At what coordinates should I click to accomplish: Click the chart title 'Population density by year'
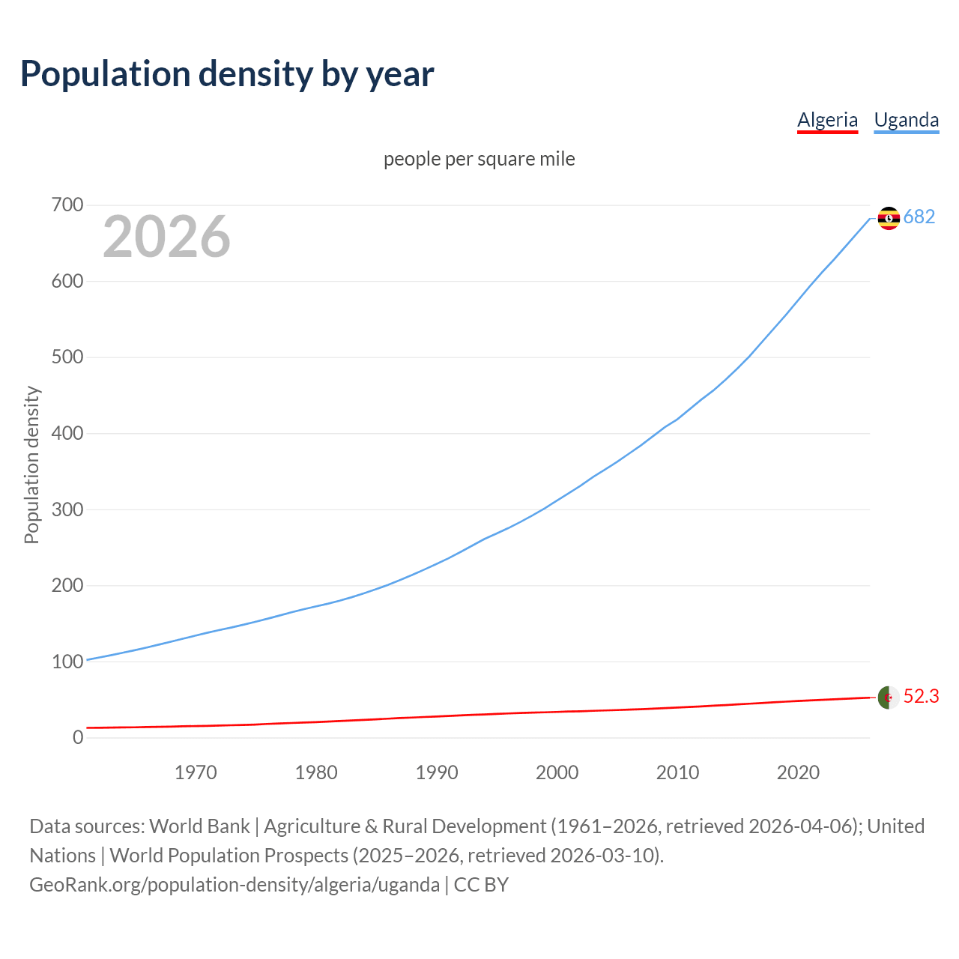(x=227, y=74)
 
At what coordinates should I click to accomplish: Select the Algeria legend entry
(x=827, y=120)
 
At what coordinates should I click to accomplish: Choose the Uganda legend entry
(x=906, y=120)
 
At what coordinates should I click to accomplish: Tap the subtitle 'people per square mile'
(x=479, y=159)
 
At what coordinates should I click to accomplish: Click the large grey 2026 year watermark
(x=166, y=237)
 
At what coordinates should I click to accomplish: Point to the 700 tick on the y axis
(x=67, y=205)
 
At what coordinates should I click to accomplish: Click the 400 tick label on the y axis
(x=67, y=433)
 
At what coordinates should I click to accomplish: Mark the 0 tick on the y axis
(x=78, y=737)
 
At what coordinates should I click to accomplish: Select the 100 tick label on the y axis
(x=67, y=662)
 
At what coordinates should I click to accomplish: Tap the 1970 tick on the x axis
(x=196, y=772)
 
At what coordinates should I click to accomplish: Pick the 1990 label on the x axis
(x=437, y=772)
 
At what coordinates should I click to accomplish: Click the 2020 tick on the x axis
(x=798, y=772)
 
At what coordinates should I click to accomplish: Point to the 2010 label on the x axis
(x=677, y=772)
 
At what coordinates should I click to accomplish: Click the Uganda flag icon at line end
(x=889, y=218)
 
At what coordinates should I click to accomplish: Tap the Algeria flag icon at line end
(x=889, y=698)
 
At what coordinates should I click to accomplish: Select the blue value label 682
(x=919, y=217)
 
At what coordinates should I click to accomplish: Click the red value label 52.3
(x=921, y=697)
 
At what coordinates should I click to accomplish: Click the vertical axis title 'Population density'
(x=31, y=465)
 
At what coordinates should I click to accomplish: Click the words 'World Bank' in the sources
(x=199, y=826)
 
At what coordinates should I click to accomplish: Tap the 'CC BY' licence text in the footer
(x=481, y=885)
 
